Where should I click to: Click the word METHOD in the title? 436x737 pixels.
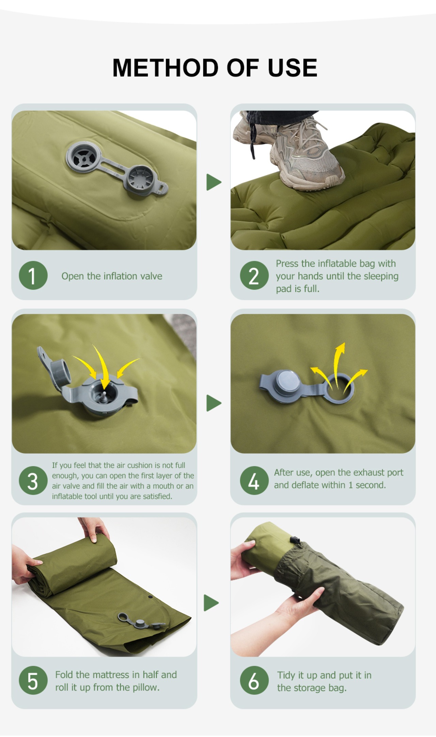(x=166, y=68)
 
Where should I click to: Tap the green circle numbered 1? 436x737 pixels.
(x=33, y=276)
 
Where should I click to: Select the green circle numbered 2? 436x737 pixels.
(x=254, y=276)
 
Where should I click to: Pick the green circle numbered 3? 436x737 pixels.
(x=33, y=481)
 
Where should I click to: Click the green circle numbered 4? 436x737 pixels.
(x=254, y=481)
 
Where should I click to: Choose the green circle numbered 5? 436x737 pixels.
(x=33, y=680)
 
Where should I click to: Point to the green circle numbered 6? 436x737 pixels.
(x=254, y=680)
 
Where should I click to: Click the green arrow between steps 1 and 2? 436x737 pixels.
(x=214, y=182)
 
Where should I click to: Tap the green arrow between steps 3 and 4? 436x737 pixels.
(x=214, y=403)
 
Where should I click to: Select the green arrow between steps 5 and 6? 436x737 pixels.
(x=211, y=603)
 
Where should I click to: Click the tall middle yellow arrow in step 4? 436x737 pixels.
(x=338, y=365)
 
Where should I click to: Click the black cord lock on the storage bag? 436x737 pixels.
(x=295, y=541)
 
